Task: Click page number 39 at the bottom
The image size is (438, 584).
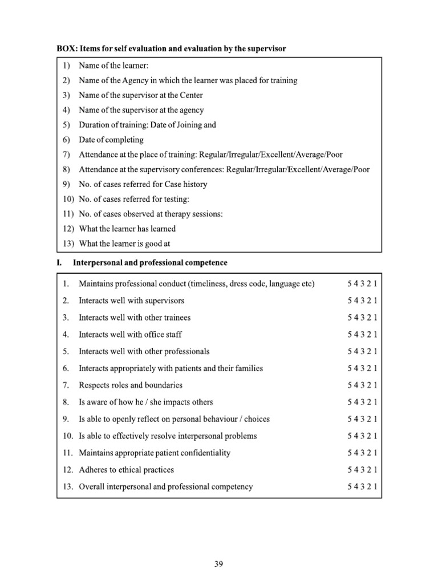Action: click(218, 564)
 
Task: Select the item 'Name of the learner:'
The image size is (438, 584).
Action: click(113, 66)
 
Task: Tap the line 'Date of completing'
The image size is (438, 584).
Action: click(111, 140)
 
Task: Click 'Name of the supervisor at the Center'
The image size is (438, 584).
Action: click(140, 95)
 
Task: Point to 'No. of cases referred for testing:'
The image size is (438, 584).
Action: click(133, 199)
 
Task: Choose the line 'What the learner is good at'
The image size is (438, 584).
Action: click(124, 244)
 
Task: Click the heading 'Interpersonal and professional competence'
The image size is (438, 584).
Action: click(150, 263)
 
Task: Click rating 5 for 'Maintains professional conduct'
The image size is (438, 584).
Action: click(350, 283)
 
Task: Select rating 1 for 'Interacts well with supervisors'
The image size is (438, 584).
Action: click(376, 301)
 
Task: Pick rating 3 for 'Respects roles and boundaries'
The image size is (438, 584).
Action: click(363, 385)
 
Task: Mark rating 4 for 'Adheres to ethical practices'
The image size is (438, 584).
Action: click(356, 470)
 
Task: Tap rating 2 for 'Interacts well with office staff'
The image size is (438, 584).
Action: click(370, 334)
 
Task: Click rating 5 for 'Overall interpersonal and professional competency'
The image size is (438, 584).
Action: click(350, 486)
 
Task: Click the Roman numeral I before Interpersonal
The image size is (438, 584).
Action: click(58, 263)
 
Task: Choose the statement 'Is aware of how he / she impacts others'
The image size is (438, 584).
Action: click(145, 402)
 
